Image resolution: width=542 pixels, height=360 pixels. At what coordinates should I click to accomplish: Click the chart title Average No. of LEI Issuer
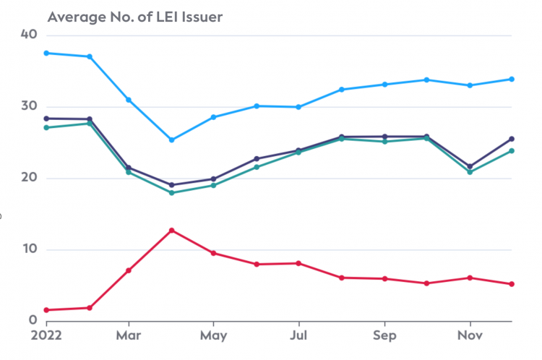(x=134, y=17)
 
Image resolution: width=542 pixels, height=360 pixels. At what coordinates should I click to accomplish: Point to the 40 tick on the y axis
(x=29, y=35)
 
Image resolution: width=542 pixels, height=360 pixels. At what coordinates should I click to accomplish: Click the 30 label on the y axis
(x=29, y=106)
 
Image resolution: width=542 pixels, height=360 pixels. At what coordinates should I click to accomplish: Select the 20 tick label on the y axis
(x=29, y=178)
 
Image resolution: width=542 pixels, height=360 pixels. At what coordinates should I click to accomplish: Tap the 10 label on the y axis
(x=29, y=249)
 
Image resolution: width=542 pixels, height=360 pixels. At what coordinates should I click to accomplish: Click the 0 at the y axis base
(x=33, y=321)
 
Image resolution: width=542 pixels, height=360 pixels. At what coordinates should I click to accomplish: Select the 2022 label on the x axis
(x=46, y=336)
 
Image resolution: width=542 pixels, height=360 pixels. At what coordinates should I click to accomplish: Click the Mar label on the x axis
(x=128, y=336)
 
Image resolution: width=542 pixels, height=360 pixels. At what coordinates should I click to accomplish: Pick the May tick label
(x=213, y=336)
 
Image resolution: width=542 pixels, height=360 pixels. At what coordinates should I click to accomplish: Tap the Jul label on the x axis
(x=298, y=336)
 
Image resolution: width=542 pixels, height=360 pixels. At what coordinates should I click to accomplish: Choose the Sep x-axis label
(x=384, y=336)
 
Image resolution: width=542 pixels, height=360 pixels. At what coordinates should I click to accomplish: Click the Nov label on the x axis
(x=470, y=336)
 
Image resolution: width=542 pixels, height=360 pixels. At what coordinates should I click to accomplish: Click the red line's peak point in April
(x=171, y=231)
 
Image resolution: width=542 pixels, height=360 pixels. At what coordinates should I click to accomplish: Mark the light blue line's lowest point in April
(x=171, y=140)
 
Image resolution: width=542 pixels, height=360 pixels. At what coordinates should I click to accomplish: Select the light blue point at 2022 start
(x=46, y=53)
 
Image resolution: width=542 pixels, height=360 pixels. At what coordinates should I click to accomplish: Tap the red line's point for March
(x=129, y=270)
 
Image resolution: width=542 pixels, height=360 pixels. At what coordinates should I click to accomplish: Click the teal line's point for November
(x=470, y=172)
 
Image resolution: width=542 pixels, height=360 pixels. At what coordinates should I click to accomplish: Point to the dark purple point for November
(x=470, y=166)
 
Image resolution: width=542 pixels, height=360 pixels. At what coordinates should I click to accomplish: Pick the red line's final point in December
(x=512, y=284)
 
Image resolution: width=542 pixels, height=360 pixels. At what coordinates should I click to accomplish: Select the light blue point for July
(x=298, y=107)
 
